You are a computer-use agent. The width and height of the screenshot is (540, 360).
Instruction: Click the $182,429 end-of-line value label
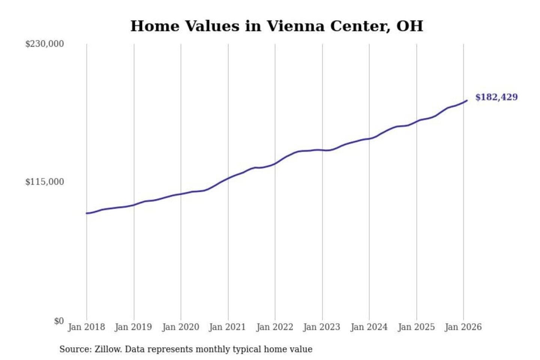(x=496, y=97)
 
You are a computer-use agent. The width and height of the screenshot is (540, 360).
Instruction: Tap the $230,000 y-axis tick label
(x=44, y=44)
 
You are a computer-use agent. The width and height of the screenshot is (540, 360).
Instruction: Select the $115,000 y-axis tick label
(x=44, y=182)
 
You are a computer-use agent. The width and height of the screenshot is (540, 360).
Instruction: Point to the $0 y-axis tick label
(x=58, y=321)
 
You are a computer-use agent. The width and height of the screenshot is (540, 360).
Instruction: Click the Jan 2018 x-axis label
(x=86, y=327)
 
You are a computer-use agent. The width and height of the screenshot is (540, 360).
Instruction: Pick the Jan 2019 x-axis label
(x=133, y=327)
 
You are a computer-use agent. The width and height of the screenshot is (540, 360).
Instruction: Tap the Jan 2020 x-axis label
(x=180, y=327)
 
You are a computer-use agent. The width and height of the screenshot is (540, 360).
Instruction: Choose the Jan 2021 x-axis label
(x=227, y=327)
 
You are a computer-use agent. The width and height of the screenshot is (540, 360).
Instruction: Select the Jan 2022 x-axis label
(x=274, y=327)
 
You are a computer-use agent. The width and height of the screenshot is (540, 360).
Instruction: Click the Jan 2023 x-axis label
(x=321, y=327)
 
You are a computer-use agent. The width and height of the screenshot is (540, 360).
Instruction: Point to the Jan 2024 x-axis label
(x=369, y=327)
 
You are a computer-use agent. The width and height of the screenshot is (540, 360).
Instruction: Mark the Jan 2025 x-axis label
(x=416, y=327)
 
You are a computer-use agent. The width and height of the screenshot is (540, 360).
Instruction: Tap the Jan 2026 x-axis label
(x=463, y=327)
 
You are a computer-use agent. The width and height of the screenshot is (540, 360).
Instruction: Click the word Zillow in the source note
(x=108, y=349)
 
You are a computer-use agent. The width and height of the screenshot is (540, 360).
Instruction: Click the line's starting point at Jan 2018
(x=87, y=213)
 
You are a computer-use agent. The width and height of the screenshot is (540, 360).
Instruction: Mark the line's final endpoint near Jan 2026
(x=467, y=100)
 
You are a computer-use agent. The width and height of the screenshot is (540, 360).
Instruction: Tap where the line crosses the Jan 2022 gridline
(x=275, y=164)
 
